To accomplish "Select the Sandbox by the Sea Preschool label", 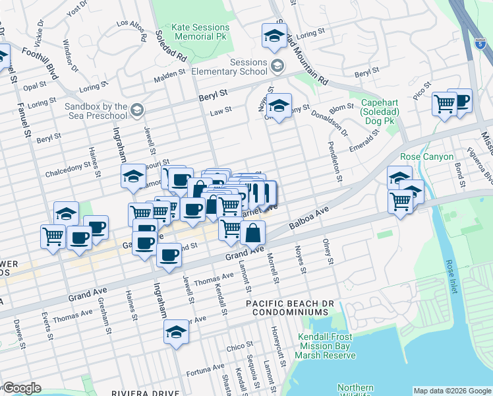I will point(96,111).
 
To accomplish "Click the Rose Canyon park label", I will point(427,156).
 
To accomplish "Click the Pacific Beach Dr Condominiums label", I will point(287,307).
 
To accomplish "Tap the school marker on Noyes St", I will point(279,106).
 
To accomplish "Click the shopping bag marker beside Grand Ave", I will point(252,232).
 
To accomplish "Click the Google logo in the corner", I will point(22,388).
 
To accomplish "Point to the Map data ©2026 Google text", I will point(452,391).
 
